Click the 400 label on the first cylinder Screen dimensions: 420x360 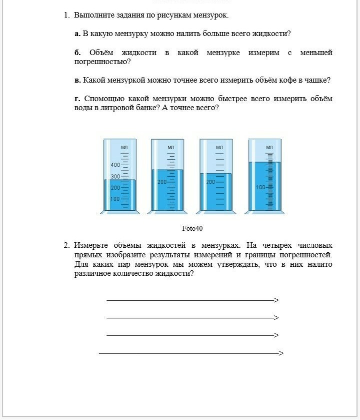tap(115, 165)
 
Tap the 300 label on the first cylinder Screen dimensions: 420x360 tap(115, 177)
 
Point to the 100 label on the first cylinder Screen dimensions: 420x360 tap(115, 199)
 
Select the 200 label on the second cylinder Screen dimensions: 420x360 tap(162, 182)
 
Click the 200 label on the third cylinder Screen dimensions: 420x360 tap(210, 182)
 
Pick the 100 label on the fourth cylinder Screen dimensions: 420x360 tap(260, 187)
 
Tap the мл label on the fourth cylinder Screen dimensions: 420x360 tap(269, 147)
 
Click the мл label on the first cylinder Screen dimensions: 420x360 tap(124, 147)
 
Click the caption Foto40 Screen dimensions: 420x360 tap(192, 229)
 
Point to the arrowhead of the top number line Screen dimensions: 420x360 tap(276, 300)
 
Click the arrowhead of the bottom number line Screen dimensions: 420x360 tap(281, 353)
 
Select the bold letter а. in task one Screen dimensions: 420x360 tap(77, 34)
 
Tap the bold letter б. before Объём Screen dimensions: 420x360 tap(77, 53)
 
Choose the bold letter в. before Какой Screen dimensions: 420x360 tap(77, 80)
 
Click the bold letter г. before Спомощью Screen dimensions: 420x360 tap(77, 99)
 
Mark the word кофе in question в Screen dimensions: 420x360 tap(275, 80)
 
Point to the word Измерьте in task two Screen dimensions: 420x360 tap(92, 245)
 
